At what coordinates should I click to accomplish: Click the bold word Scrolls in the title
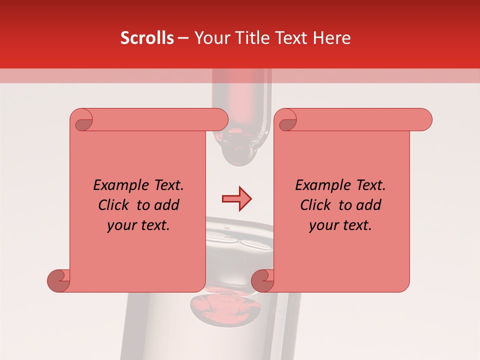(147, 38)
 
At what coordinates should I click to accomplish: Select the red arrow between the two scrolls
(236, 199)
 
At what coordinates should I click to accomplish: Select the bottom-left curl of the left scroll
(59, 280)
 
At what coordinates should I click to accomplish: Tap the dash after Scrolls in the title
(183, 38)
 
